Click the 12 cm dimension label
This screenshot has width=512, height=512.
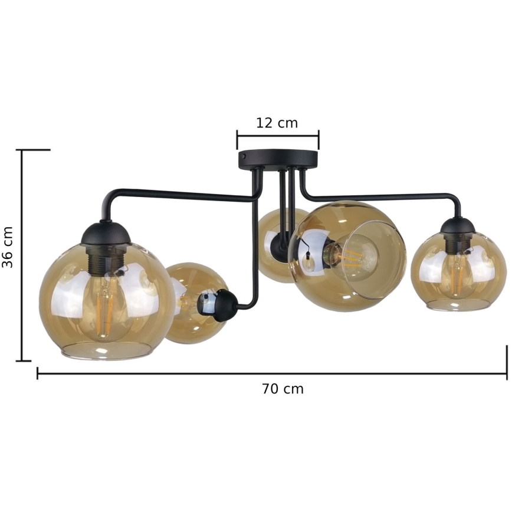click(277, 123)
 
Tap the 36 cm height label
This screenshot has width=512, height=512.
click(7, 247)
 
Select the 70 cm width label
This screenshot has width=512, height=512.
click(283, 389)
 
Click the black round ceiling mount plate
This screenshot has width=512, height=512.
click(278, 159)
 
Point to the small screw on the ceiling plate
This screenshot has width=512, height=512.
click(243, 156)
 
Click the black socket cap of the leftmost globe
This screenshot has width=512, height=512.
click(106, 232)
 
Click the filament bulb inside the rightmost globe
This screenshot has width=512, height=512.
click(457, 274)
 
